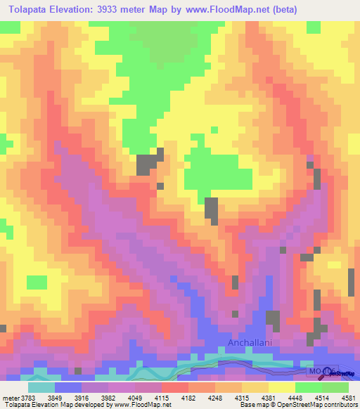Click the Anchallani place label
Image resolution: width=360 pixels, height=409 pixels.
(248, 344)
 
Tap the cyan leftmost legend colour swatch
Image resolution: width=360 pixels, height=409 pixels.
(41, 387)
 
